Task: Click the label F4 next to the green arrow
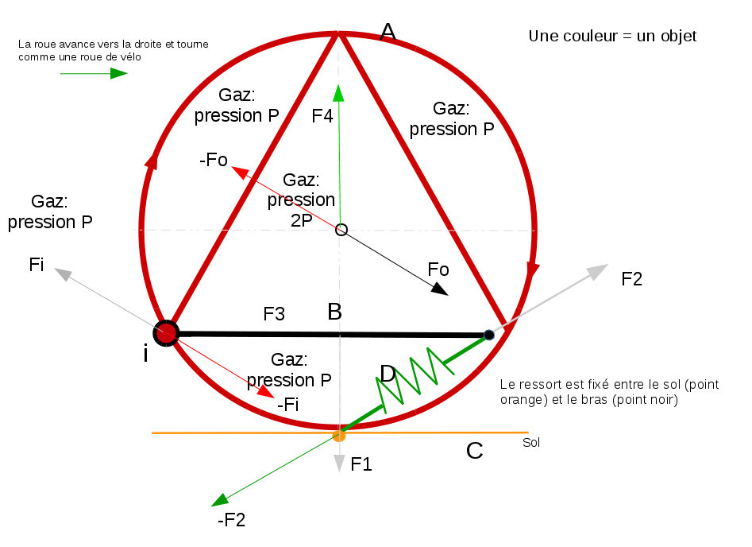click(x=322, y=116)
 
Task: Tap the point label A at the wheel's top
click(x=388, y=31)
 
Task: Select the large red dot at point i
click(x=166, y=332)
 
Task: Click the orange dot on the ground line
click(x=340, y=435)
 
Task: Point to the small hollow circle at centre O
click(x=341, y=230)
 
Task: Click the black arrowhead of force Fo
click(x=439, y=289)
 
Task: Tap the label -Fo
click(x=214, y=160)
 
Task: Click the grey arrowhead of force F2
click(x=600, y=270)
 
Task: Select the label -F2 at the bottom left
click(x=231, y=521)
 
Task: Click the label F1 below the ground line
click(x=361, y=464)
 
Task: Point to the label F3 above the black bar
click(x=274, y=314)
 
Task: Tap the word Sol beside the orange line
click(x=531, y=443)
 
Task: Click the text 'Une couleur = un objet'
click(x=612, y=37)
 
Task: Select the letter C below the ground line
click(x=474, y=452)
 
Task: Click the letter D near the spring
click(x=388, y=373)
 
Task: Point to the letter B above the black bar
click(x=335, y=312)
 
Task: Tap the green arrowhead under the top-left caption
click(x=118, y=73)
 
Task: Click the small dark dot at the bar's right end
click(x=489, y=335)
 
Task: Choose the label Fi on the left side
click(x=36, y=264)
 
